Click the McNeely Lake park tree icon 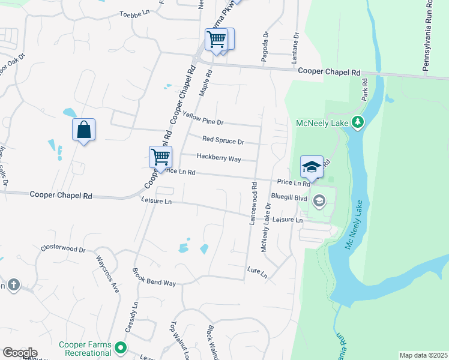click(358, 123)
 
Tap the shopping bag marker click(83, 130)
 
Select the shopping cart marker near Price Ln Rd click(160, 157)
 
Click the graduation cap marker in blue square click(312, 167)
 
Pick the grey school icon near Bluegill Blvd click(319, 200)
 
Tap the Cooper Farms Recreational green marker click(121, 347)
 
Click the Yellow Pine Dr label click(203, 119)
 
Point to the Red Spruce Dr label click(223, 142)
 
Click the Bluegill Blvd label click(289, 196)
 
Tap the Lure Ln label click(256, 271)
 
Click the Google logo click(20, 353)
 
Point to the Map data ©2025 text click(423, 355)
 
